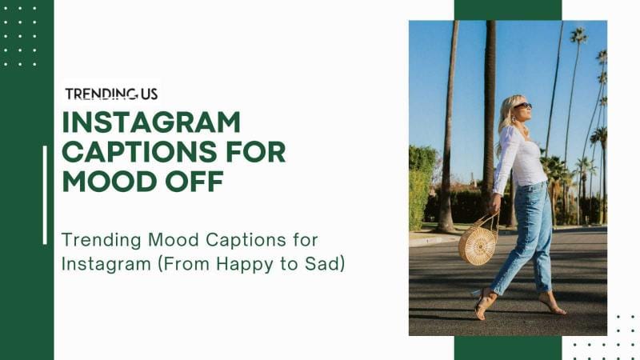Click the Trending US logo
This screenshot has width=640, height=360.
click(111, 94)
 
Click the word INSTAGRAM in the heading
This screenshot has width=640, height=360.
click(151, 122)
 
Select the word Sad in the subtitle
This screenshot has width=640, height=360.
click(324, 262)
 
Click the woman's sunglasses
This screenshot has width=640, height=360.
click(522, 106)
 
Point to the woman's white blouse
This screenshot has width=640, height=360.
click(518, 157)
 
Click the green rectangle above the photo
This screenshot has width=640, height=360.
click(507, 10)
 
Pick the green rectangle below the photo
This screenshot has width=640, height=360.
click(507, 348)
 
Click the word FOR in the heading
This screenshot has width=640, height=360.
click(255, 152)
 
